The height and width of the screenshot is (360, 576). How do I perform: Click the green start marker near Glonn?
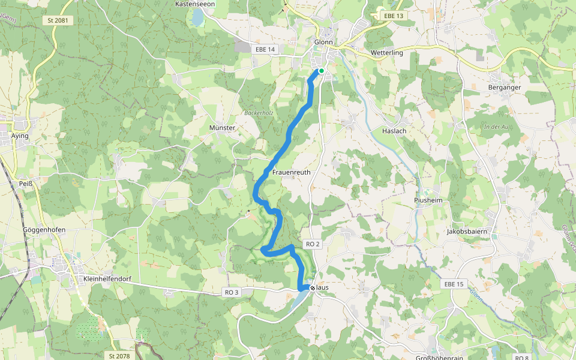point(322,71)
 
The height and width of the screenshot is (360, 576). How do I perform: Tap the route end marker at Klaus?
point(313,288)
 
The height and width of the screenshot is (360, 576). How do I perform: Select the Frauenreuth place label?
point(292,172)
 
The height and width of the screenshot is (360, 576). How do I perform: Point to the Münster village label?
point(222,128)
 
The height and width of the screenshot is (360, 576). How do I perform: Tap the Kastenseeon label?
point(195,4)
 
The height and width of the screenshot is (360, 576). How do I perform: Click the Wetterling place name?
point(387,53)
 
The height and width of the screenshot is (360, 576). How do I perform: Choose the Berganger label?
point(504,87)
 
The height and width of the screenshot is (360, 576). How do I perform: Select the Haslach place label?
point(394,131)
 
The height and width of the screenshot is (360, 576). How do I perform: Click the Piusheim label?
point(428,200)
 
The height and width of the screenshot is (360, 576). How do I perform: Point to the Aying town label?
point(20,136)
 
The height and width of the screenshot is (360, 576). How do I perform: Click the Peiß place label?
point(25,184)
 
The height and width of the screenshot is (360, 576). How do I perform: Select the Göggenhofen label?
point(44,230)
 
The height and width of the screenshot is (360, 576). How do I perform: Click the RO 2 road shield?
point(313,244)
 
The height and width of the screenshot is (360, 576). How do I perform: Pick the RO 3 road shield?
point(232,292)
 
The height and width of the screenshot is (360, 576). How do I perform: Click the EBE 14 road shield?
point(265,49)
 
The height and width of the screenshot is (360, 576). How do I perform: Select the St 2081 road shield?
point(58,20)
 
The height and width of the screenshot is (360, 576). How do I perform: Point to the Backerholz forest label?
point(259,113)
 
